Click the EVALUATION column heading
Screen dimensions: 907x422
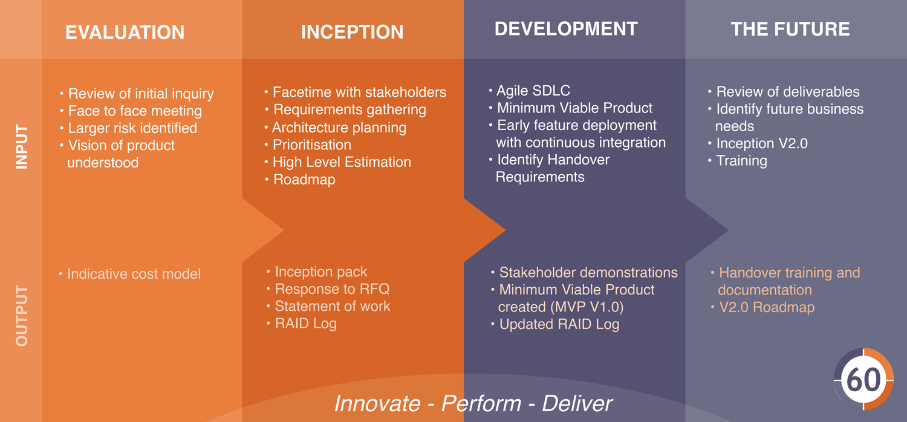(125, 33)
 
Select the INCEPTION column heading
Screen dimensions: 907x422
(353, 32)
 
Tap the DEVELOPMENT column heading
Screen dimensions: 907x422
(566, 29)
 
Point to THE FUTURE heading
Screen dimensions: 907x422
(790, 29)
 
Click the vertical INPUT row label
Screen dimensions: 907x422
(21, 146)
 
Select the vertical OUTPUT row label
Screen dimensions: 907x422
(21, 316)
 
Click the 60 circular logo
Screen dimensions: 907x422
(863, 379)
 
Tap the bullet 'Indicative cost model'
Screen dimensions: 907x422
(129, 274)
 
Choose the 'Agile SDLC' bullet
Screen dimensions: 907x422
(530, 90)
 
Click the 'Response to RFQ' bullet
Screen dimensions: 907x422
(328, 289)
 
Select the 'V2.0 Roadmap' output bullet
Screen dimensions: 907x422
(763, 307)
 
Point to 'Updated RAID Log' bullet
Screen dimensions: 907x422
(555, 324)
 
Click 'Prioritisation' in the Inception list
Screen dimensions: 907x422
(308, 144)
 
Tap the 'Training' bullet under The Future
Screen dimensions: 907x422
(737, 161)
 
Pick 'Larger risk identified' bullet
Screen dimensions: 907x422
(128, 128)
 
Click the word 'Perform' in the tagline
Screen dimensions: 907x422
(481, 403)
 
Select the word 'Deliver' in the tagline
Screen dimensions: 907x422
(577, 403)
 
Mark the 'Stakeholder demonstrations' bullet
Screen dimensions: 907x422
(584, 273)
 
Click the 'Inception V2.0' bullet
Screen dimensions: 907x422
(758, 143)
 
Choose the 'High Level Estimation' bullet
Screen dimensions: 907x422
(337, 162)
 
